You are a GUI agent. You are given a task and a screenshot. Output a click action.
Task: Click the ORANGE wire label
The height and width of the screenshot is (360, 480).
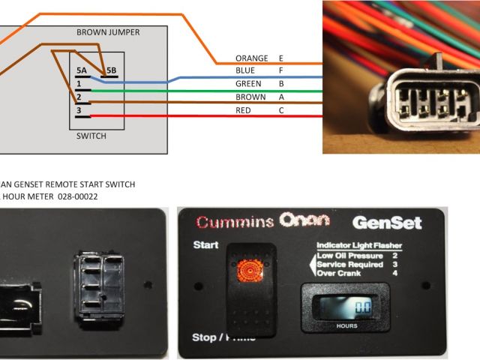click(251, 58)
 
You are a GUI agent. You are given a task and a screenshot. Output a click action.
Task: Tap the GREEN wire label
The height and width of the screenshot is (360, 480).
click(248, 83)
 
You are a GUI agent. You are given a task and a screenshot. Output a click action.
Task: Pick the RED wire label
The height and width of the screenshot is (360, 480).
click(244, 110)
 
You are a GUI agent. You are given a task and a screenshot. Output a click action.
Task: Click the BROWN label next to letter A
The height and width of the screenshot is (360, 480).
click(250, 97)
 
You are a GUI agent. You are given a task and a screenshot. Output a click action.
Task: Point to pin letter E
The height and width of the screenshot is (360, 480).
click(280, 58)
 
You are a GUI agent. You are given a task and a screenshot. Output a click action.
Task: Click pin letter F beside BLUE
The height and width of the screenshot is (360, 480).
click(280, 70)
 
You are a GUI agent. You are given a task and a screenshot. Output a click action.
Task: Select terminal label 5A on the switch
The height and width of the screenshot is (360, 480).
click(82, 70)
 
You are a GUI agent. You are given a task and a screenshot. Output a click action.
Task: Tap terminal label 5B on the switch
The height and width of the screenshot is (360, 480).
click(111, 70)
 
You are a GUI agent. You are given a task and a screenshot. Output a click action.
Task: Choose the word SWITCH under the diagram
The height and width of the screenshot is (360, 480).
click(91, 136)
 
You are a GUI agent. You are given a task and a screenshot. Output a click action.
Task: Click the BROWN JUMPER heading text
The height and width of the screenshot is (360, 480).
click(108, 32)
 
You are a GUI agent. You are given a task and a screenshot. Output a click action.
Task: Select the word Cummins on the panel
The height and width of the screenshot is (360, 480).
click(232, 223)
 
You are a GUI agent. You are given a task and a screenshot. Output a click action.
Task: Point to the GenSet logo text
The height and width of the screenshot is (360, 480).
click(387, 223)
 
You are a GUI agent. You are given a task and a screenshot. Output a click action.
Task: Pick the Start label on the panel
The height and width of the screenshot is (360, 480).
click(205, 245)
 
